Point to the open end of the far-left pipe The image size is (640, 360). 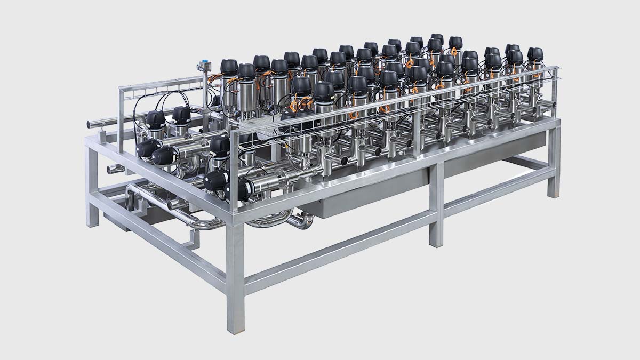click(x=89, y=125)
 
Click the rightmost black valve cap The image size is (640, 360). click(x=535, y=53)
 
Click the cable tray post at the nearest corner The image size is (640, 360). click(x=233, y=160)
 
